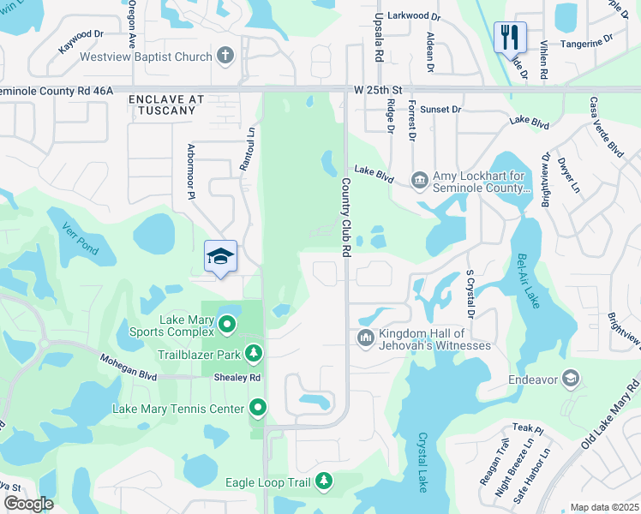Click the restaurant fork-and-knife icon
[x=507, y=36]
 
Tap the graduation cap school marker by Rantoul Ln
[x=220, y=256]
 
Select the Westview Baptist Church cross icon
[x=225, y=57]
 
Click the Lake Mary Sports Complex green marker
[x=227, y=325]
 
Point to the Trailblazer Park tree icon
[x=253, y=353]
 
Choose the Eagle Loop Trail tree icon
[x=324, y=482]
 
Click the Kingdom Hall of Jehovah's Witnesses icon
[x=366, y=338]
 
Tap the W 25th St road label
[x=377, y=89]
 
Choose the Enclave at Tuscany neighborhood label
[x=167, y=105]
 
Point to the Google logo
[x=29, y=503]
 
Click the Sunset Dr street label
[x=441, y=110]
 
